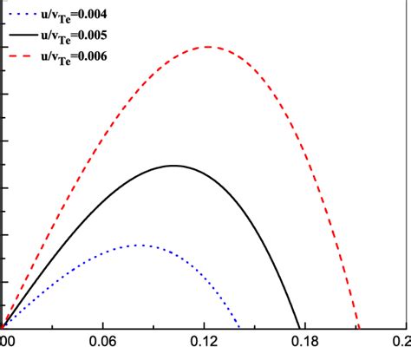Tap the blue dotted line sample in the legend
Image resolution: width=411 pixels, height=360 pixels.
(x=23, y=13)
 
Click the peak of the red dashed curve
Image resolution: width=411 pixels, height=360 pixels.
(x=209, y=47)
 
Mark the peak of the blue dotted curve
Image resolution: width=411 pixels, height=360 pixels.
(x=139, y=245)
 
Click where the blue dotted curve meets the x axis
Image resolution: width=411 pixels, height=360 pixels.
(x=241, y=326)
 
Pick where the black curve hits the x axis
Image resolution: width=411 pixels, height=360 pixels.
(x=299, y=326)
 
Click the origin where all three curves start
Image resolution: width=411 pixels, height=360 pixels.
(x=4, y=326)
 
